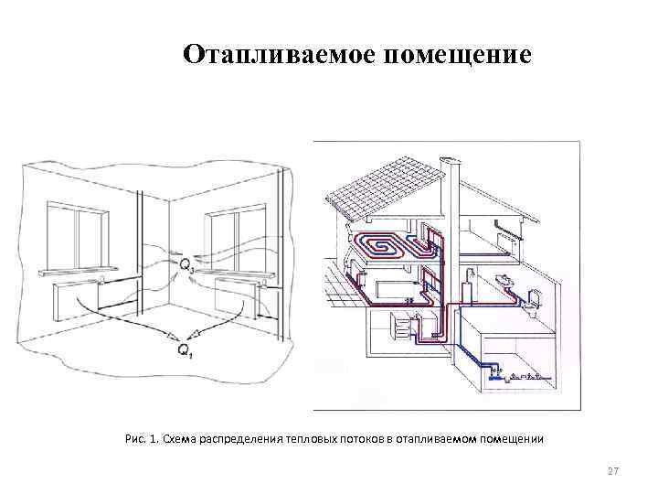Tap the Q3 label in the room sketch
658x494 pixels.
coord(186,264)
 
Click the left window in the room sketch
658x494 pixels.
coord(80,233)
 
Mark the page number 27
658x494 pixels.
coord(613,471)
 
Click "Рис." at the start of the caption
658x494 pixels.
coord(135,439)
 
